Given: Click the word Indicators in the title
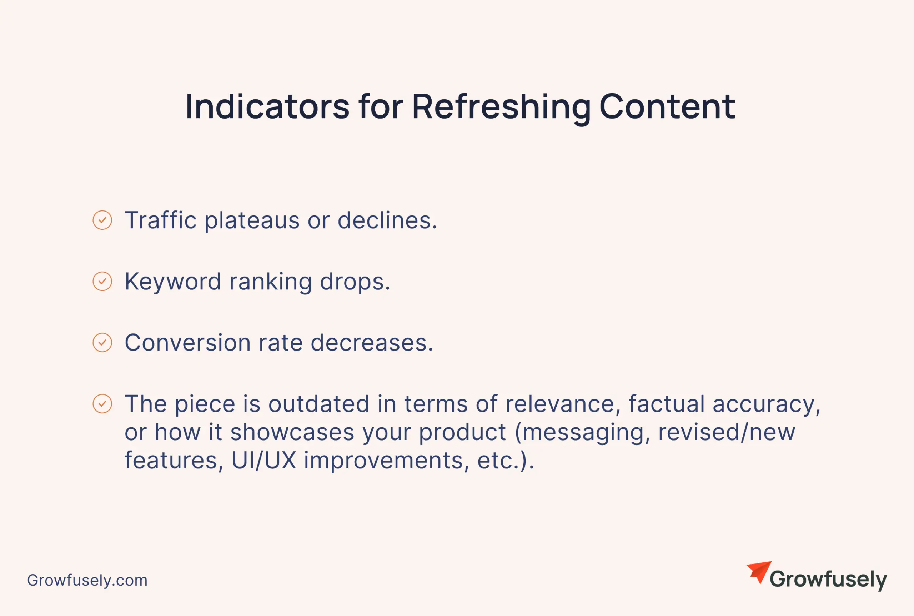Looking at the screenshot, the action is pyautogui.click(x=267, y=106).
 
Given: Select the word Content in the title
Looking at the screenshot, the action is pyautogui.click(x=667, y=106).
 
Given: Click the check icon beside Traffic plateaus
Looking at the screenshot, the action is pyautogui.click(x=102, y=220).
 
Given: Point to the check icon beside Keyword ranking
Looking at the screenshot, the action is pyautogui.click(x=102, y=281).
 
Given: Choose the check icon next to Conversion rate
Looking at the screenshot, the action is pyautogui.click(x=102, y=343).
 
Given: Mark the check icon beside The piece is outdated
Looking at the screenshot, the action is pyautogui.click(x=102, y=404).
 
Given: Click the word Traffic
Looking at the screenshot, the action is pyautogui.click(x=161, y=220).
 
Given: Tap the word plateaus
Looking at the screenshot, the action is pyautogui.click(x=252, y=222).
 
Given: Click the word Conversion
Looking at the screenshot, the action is pyautogui.click(x=187, y=343).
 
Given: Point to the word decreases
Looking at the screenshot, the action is pyautogui.click(x=372, y=343).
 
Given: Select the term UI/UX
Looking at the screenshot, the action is pyautogui.click(x=264, y=461).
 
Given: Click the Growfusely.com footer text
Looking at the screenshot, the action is pyautogui.click(x=87, y=580).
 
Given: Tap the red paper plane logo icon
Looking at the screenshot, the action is pyautogui.click(x=759, y=572).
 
